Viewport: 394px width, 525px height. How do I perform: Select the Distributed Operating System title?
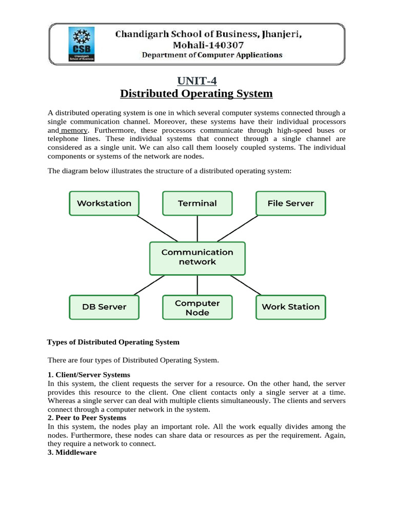tap(196, 94)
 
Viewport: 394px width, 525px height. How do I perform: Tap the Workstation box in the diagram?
tap(104, 203)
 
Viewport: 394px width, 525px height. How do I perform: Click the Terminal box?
tap(197, 203)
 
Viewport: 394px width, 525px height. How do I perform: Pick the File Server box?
tap(290, 203)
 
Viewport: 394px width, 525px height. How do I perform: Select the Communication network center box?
tap(197, 257)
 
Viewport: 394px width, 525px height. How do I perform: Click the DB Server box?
tap(104, 307)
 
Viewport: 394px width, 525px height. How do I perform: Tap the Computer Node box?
tap(197, 308)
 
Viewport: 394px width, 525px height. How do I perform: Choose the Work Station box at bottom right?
tap(290, 307)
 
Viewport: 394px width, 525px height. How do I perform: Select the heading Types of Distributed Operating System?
tap(113, 342)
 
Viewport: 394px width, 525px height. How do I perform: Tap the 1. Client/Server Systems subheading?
tap(89, 375)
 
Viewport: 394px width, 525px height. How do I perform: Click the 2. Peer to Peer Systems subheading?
tap(87, 418)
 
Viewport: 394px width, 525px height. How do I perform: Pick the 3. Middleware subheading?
tap(72, 453)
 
